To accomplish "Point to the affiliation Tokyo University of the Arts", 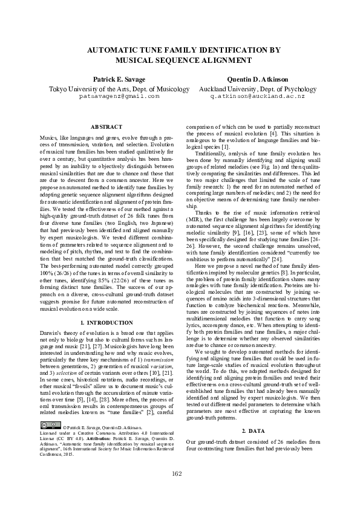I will click(x=89, y=88).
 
